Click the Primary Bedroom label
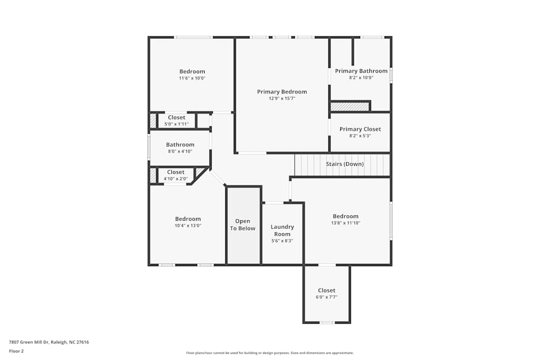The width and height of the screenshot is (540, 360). click(282, 92)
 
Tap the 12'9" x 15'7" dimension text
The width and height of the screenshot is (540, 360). click(282, 99)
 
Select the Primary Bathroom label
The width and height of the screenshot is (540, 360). click(361, 71)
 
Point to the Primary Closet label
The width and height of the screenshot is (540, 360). click(360, 129)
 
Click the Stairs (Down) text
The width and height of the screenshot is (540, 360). click(345, 164)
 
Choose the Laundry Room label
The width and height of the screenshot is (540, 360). click(282, 230)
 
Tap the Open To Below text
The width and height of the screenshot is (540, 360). click(242, 225)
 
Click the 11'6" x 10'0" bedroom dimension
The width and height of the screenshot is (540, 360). click(192, 78)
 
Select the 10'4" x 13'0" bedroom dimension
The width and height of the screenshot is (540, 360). click(188, 226)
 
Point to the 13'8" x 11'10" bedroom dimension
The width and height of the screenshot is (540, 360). click(346, 223)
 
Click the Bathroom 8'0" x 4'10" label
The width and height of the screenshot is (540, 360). click(180, 145)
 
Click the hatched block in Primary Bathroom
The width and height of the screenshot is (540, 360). click(349, 107)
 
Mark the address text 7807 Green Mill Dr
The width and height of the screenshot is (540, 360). click(49, 342)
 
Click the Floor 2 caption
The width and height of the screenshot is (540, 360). click(16, 351)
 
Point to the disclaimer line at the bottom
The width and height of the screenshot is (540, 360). click(270, 353)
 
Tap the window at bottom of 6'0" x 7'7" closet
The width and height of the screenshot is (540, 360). click(327, 323)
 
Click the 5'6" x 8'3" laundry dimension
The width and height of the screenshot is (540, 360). click(282, 241)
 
